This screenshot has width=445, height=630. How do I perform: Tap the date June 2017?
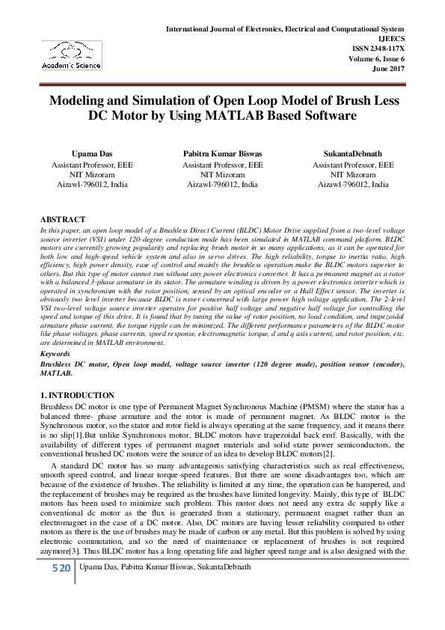click(x=388, y=68)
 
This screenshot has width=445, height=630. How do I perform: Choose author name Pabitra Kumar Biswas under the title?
click(x=222, y=153)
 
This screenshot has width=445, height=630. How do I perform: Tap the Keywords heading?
click(x=56, y=352)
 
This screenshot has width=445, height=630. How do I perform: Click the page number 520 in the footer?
click(x=61, y=569)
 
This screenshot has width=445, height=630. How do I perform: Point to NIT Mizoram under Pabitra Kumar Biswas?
click(x=222, y=174)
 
